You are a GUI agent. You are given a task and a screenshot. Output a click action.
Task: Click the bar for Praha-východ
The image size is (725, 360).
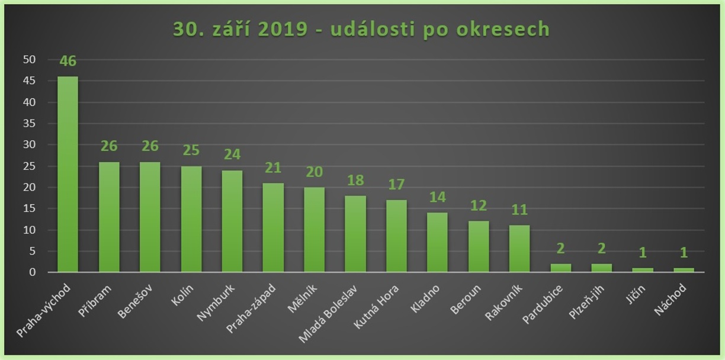[x=68, y=174]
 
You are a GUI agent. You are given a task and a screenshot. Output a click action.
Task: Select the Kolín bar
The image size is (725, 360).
[x=191, y=219]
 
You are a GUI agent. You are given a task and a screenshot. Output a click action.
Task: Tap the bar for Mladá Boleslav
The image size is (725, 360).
[x=355, y=234]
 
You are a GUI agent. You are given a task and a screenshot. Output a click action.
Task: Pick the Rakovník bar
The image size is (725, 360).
[x=519, y=249]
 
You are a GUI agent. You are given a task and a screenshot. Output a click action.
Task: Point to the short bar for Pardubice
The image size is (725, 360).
[x=561, y=268]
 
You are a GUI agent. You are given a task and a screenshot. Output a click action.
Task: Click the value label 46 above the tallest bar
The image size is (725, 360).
[x=68, y=61]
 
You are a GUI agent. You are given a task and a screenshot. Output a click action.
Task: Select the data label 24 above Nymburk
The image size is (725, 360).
[x=232, y=154]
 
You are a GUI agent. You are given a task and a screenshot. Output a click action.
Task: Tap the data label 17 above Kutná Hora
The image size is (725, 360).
[x=396, y=184]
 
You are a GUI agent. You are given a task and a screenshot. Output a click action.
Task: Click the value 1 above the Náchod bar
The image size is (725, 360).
[x=684, y=253]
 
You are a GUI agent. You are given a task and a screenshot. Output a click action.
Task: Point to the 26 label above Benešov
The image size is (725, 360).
[x=150, y=146]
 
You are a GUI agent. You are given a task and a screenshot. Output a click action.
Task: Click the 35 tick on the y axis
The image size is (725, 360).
[x=30, y=124]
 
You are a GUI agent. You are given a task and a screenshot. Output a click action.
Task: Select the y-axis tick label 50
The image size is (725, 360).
[x=30, y=60]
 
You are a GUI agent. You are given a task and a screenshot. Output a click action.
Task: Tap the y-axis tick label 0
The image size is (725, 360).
[x=33, y=272]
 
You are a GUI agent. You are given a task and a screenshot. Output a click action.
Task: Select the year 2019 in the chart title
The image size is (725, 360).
[x=278, y=29]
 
